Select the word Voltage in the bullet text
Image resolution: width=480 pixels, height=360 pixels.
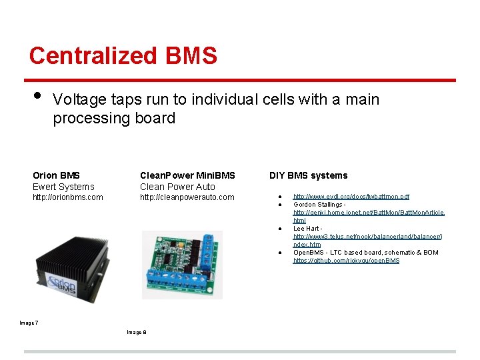[x=79, y=100]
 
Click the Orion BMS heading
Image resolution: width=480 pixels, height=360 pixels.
[x=56, y=175]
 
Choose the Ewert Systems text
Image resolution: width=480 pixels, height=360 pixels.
[x=63, y=187]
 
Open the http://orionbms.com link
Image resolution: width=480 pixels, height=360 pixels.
[x=67, y=197]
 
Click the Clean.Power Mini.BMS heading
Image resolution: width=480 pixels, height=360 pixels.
[x=187, y=175]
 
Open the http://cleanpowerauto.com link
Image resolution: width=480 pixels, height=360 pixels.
[x=187, y=197]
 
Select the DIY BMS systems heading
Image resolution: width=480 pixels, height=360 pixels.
[x=308, y=175]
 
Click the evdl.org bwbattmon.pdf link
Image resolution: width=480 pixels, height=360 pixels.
[x=351, y=197]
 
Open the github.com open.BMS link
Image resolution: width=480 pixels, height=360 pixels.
[x=346, y=261]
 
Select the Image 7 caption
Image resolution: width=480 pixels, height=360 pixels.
[x=29, y=323]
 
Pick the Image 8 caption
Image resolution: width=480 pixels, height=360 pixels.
[x=136, y=332]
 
